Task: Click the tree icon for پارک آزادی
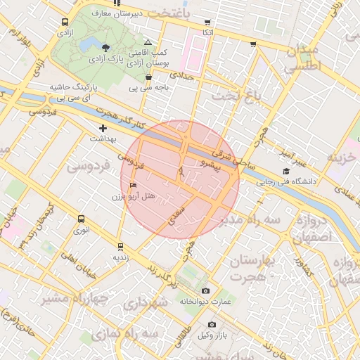pos(105,48)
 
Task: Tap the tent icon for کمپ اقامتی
pos(148,42)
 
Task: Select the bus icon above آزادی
pos(65,22)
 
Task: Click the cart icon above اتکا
pos(207,22)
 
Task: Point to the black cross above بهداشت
pos(103,128)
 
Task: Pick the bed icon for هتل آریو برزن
pos(134,185)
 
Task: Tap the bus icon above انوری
pos(82,219)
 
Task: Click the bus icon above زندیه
pos(120,247)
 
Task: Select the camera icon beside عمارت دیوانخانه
pos(205,290)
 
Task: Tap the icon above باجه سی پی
pos(148,77)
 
